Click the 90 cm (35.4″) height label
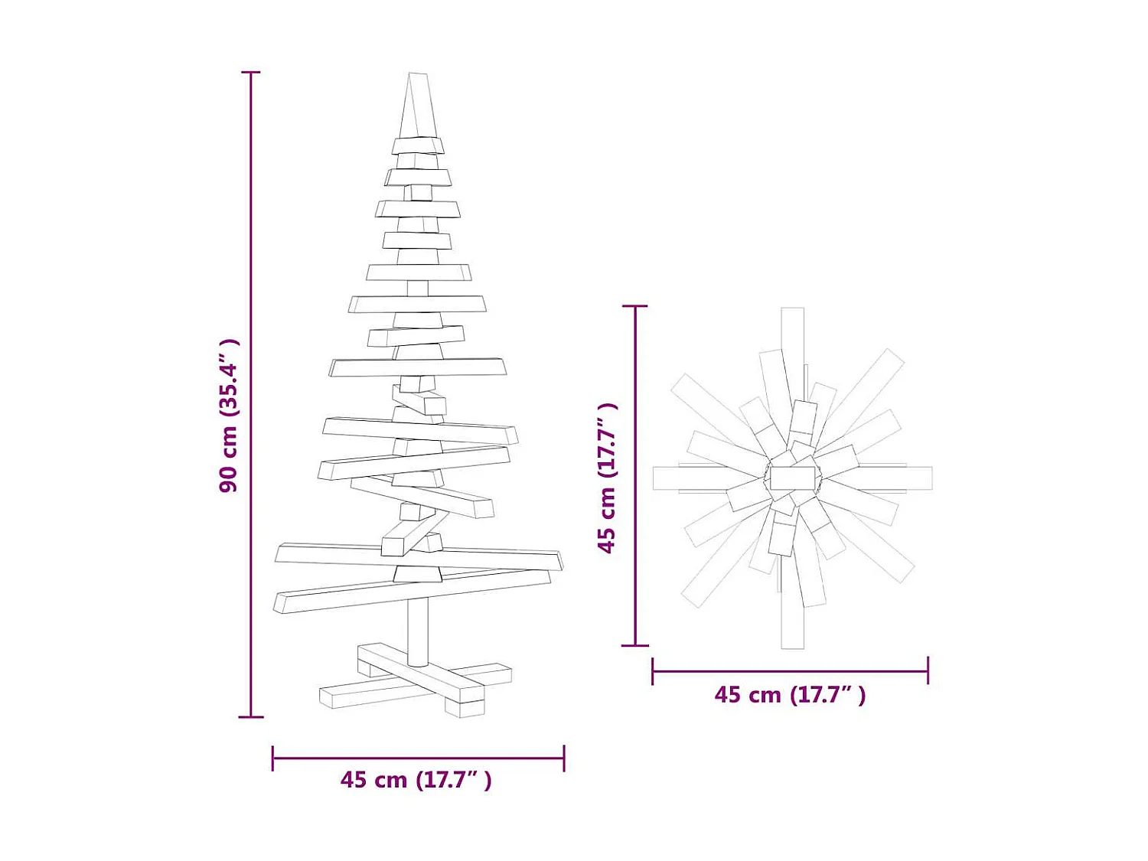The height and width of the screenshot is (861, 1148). coord(229,416)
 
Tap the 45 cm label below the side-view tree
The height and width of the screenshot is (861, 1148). coord(416,780)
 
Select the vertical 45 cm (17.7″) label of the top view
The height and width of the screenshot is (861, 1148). coord(607,478)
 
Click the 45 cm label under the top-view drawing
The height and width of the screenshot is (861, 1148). coord(790,695)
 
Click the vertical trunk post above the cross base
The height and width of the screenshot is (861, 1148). coord(418,631)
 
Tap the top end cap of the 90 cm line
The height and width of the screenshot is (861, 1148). coord(251,72)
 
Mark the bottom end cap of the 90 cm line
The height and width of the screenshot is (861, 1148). coord(251,717)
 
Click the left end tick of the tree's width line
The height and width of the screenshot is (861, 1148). coord(273,758)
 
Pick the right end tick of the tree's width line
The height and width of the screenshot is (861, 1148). coord(564,758)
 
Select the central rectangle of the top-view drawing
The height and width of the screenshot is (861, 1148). coord(792,478)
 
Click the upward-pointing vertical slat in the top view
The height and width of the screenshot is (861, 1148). coord(792,337)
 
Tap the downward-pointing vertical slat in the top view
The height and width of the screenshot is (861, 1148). coord(792,624)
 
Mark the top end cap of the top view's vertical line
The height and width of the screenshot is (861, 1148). coord(635,306)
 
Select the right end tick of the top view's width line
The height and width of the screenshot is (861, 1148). coord(928,671)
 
